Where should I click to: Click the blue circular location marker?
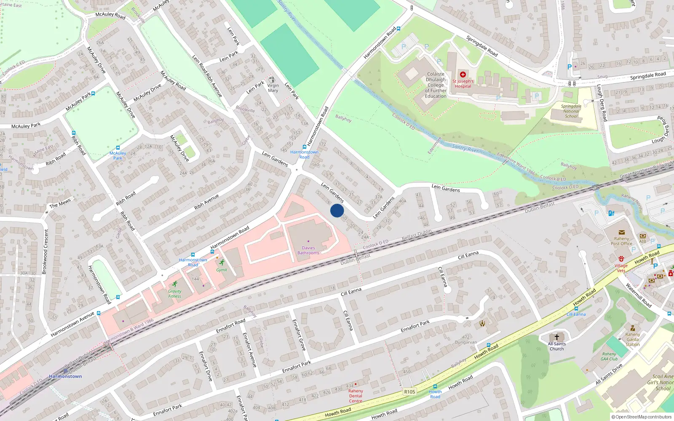click(337, 210)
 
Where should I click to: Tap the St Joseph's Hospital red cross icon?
click(463, 75)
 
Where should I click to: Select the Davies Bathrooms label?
click(308, 250)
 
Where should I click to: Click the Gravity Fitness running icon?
click(175, 284)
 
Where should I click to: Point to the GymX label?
click(222, 270)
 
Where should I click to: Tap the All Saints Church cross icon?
click(556, 337)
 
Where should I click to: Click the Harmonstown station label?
click(65, 376)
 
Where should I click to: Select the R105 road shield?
click(409, 392)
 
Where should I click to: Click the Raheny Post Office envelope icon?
click(621, 232)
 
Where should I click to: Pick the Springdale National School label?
click(571, 111)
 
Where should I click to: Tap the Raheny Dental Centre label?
click(356, 396)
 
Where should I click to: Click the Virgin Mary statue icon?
click(272, 79)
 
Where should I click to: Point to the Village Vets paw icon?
click(621, 258)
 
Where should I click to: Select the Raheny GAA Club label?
click(609, 357)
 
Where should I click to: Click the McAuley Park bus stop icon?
click(118, 148)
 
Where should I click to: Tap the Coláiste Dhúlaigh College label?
click(436, 85)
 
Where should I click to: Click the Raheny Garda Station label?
click(632, 339)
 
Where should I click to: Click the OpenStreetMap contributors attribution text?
click(642, 417)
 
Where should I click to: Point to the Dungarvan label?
click(466, 342)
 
